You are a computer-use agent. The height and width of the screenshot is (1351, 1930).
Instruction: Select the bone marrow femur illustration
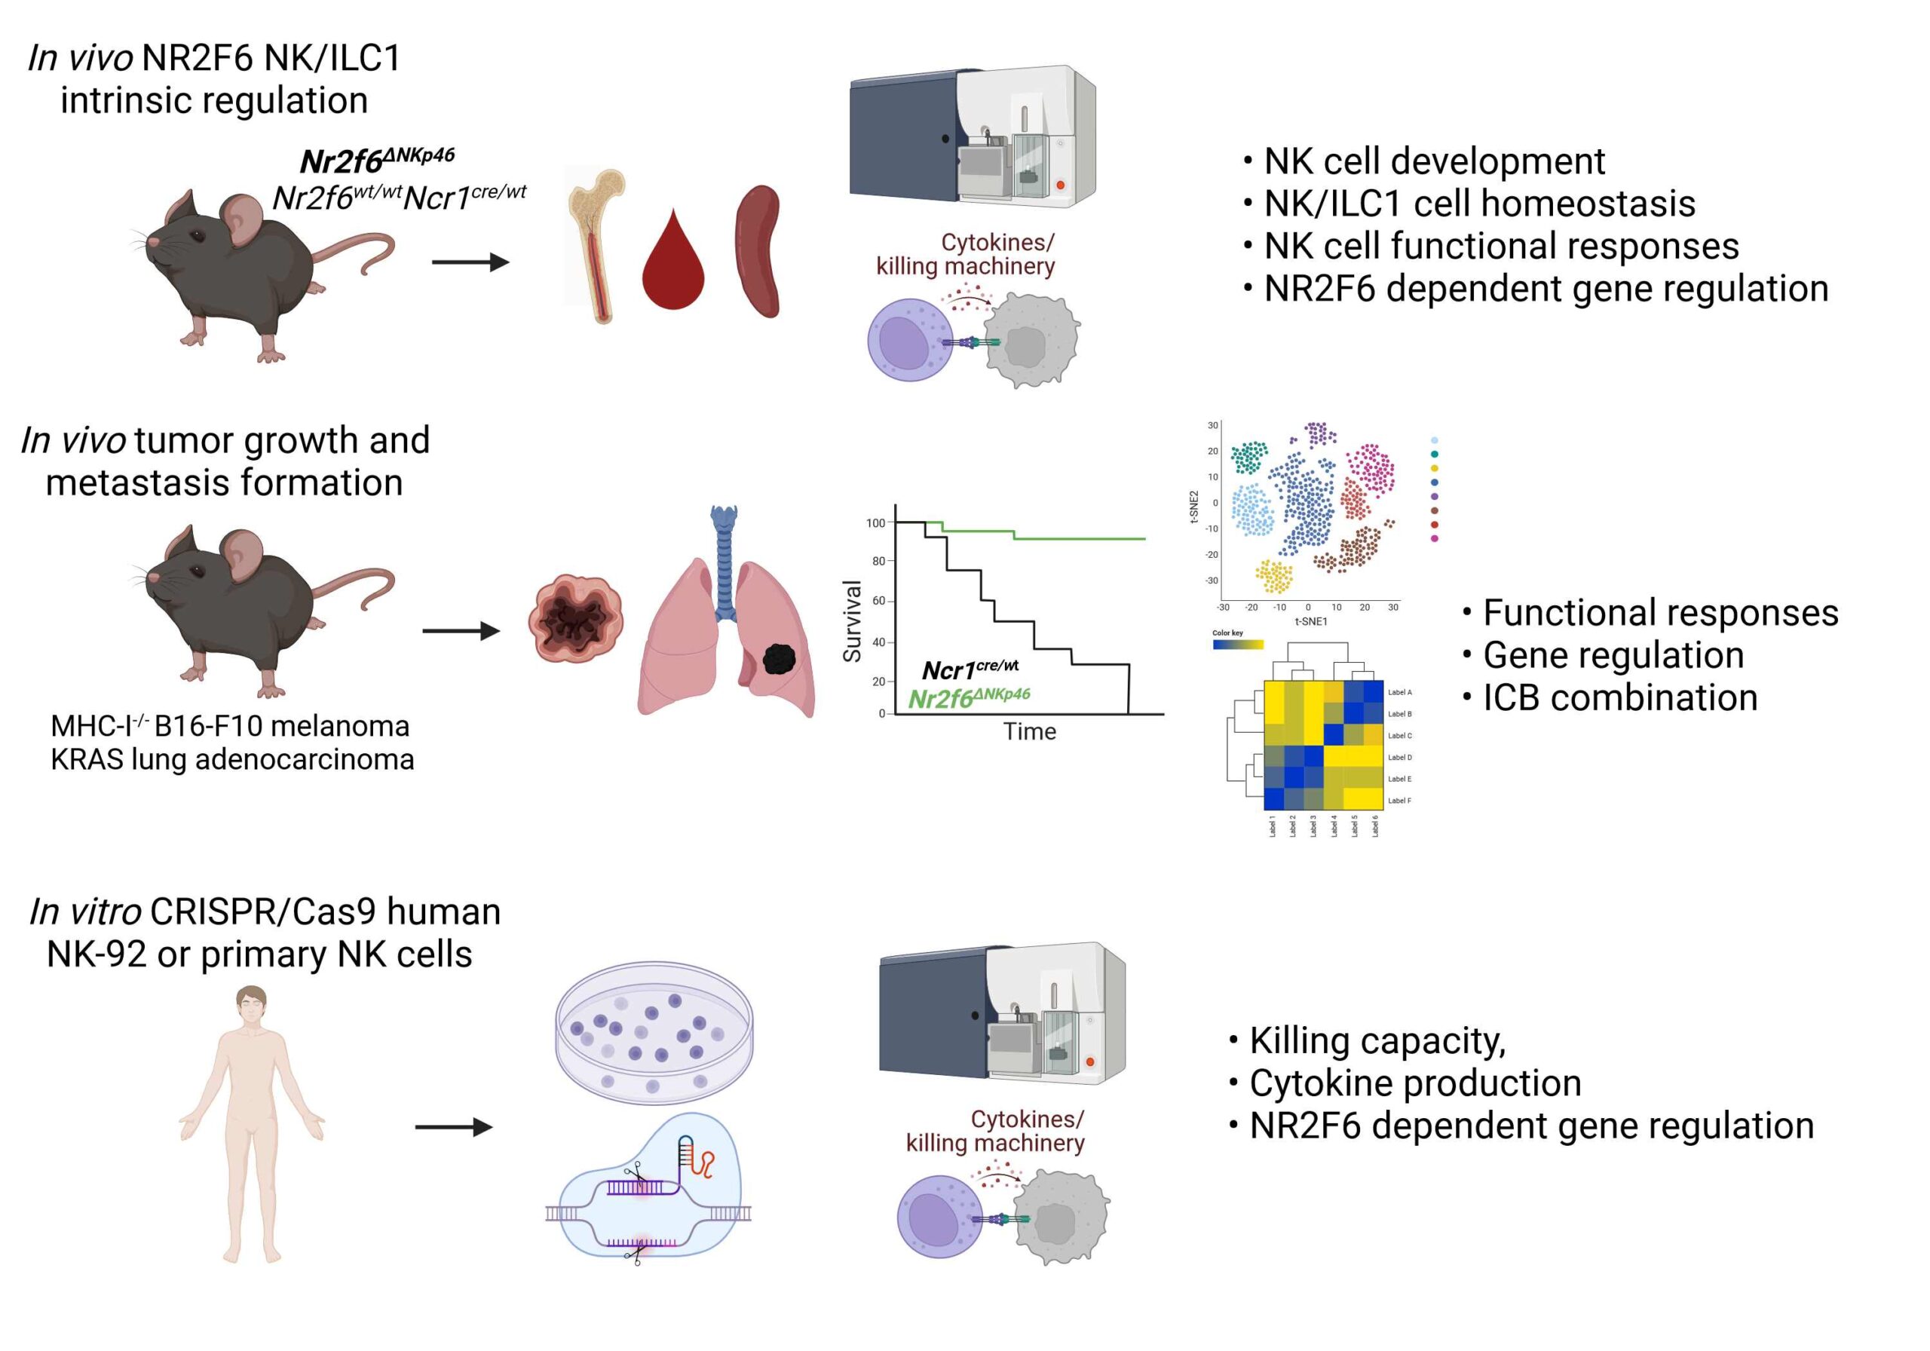599,246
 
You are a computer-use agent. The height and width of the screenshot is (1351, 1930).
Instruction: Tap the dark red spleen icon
759,251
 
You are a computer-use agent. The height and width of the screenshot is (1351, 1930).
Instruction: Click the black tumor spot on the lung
780,658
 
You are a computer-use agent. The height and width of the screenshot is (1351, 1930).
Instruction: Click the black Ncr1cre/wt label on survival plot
970,669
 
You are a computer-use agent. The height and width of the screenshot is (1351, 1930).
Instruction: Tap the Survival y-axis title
853,621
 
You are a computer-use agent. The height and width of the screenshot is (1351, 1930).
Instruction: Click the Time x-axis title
1030,732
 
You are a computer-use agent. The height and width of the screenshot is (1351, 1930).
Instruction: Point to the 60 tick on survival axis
878,601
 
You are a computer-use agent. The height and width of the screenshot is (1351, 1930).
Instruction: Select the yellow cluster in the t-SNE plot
1274,576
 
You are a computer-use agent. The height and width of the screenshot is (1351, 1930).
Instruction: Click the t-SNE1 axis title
1310,621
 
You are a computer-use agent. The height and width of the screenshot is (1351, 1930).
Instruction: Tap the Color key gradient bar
1237,645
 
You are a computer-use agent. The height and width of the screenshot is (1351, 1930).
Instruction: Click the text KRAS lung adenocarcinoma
232,759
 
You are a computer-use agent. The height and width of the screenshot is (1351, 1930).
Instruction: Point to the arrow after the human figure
454,1126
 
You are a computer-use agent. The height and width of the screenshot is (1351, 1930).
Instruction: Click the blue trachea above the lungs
724,559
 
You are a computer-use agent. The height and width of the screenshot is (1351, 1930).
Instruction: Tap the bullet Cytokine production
1405,1083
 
